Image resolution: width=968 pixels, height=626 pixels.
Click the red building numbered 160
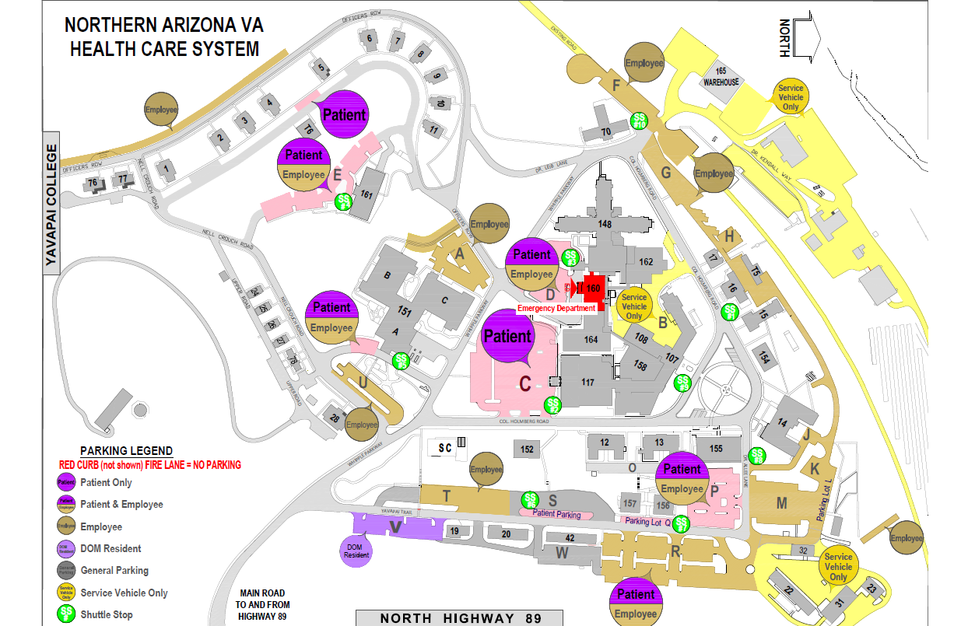(x=594, y=288)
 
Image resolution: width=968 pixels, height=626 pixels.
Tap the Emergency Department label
(x=556, y=309)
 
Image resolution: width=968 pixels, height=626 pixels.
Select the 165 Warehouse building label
(x=721, y=76)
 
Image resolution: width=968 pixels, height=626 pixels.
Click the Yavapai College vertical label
(x=52, y=208)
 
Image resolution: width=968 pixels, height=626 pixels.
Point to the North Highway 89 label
(x=458, y=618)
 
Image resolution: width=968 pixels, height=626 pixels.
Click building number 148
(x=605, y=224)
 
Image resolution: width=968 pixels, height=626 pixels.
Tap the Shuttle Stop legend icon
(x=66, y=614)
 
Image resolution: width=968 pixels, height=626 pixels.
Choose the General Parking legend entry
(x=114, y=570)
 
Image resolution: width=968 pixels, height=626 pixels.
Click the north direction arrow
(x=801, y=38)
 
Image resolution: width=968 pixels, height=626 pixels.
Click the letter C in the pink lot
(x=525, y=383)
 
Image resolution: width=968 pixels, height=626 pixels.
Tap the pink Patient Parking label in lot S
(x=556, y=513)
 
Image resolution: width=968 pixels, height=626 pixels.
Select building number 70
(x=606, y=132)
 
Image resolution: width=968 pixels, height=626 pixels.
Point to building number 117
(x=587, y=382)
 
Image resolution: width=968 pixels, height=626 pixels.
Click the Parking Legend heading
(x=126, y=451)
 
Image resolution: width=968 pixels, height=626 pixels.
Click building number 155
(x=716, y=448)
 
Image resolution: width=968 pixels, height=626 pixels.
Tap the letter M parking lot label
(x=781, y=503)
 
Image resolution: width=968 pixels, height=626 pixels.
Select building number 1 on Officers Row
(x=164, y=166)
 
